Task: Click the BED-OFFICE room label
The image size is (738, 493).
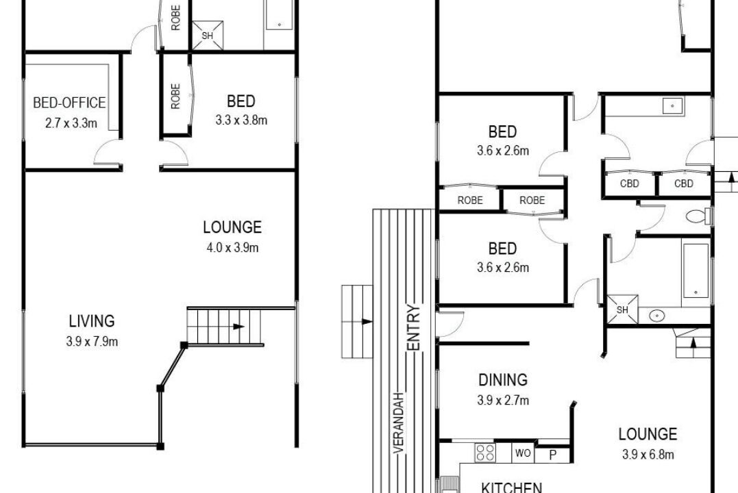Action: tap(69, 103)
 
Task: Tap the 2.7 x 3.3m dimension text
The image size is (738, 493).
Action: tap(71, 123)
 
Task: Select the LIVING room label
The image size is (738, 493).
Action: tap(92, 321)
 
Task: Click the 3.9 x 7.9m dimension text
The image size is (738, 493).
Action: tap(92, 341)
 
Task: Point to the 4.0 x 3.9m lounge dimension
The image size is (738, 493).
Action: tap(232, 247)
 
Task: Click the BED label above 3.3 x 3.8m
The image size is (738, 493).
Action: tap(241, 101)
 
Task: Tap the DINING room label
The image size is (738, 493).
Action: tap(503, 379)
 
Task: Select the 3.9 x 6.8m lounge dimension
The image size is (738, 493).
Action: tap(648, 454)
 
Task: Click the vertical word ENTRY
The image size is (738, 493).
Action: tap(413, 327)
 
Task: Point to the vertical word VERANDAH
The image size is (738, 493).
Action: tap(399, 423)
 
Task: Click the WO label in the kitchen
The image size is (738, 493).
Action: tap(523, 453)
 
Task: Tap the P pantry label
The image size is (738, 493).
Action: tap(553, 455)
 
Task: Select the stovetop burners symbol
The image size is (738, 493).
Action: tap(484, 453)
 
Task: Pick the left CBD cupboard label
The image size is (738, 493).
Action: tap(629, 184)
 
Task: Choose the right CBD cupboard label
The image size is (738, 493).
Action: tap(683, 184)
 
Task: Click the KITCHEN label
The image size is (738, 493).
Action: tap(511, 488)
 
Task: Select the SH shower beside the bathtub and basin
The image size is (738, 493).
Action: tap(622, 309)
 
